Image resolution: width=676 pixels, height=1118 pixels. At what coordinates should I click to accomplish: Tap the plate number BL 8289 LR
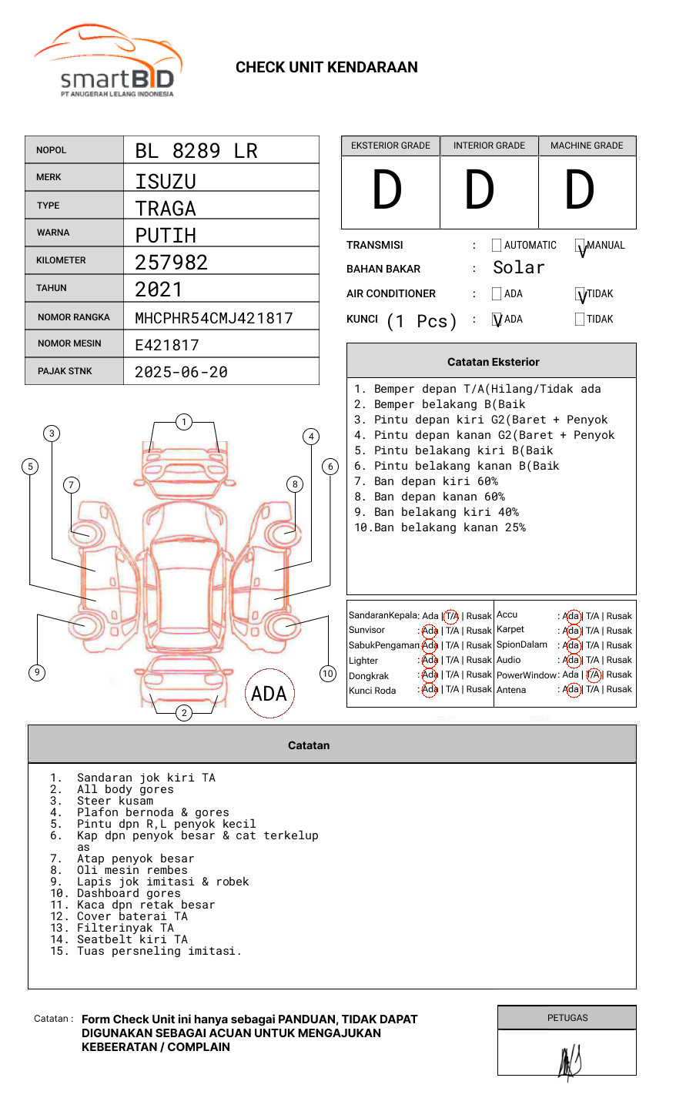(x=196, y=151)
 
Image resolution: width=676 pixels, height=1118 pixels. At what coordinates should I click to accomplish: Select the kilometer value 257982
(x=171, y=263)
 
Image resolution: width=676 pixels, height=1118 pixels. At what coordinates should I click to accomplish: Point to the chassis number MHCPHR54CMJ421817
(x=213, y=318)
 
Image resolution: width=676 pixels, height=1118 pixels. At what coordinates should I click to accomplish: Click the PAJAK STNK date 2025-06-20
(x=181, y=372)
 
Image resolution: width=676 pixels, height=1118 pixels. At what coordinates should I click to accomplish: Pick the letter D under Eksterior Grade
(x=387, y=191)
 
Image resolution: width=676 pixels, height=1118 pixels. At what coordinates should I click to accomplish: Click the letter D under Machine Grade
(x=580, y=191)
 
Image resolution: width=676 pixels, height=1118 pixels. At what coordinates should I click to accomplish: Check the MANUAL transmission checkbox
(x=581, y=246)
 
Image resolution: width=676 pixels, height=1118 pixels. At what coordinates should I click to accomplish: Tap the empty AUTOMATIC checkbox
(x=497, y=246)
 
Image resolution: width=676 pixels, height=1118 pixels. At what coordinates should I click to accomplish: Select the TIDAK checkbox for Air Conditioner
(x=581, y=294)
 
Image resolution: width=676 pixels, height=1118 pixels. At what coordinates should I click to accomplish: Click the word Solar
(x=518, y=268)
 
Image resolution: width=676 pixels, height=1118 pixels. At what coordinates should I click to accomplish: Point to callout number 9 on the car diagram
(x=37, y=672)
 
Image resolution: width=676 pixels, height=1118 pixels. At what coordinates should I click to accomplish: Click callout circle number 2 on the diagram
(x=184, y=712)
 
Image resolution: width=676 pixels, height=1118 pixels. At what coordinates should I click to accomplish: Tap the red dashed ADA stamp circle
(x=269, y=693)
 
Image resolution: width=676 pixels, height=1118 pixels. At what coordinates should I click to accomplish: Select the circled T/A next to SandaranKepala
(x=451, y=616)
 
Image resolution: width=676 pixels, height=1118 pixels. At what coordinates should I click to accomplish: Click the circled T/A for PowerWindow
(x=593, y=674)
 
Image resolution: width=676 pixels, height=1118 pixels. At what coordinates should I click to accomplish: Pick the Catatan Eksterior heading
(x=493, y=362)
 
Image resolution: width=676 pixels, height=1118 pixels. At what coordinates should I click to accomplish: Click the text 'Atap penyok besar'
(x=136, y=859)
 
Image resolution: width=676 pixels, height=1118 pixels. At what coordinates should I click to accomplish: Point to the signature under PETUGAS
(x=569, y=1062)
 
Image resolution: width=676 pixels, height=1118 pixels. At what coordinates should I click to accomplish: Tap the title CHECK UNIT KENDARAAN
(x=326, y=68)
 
